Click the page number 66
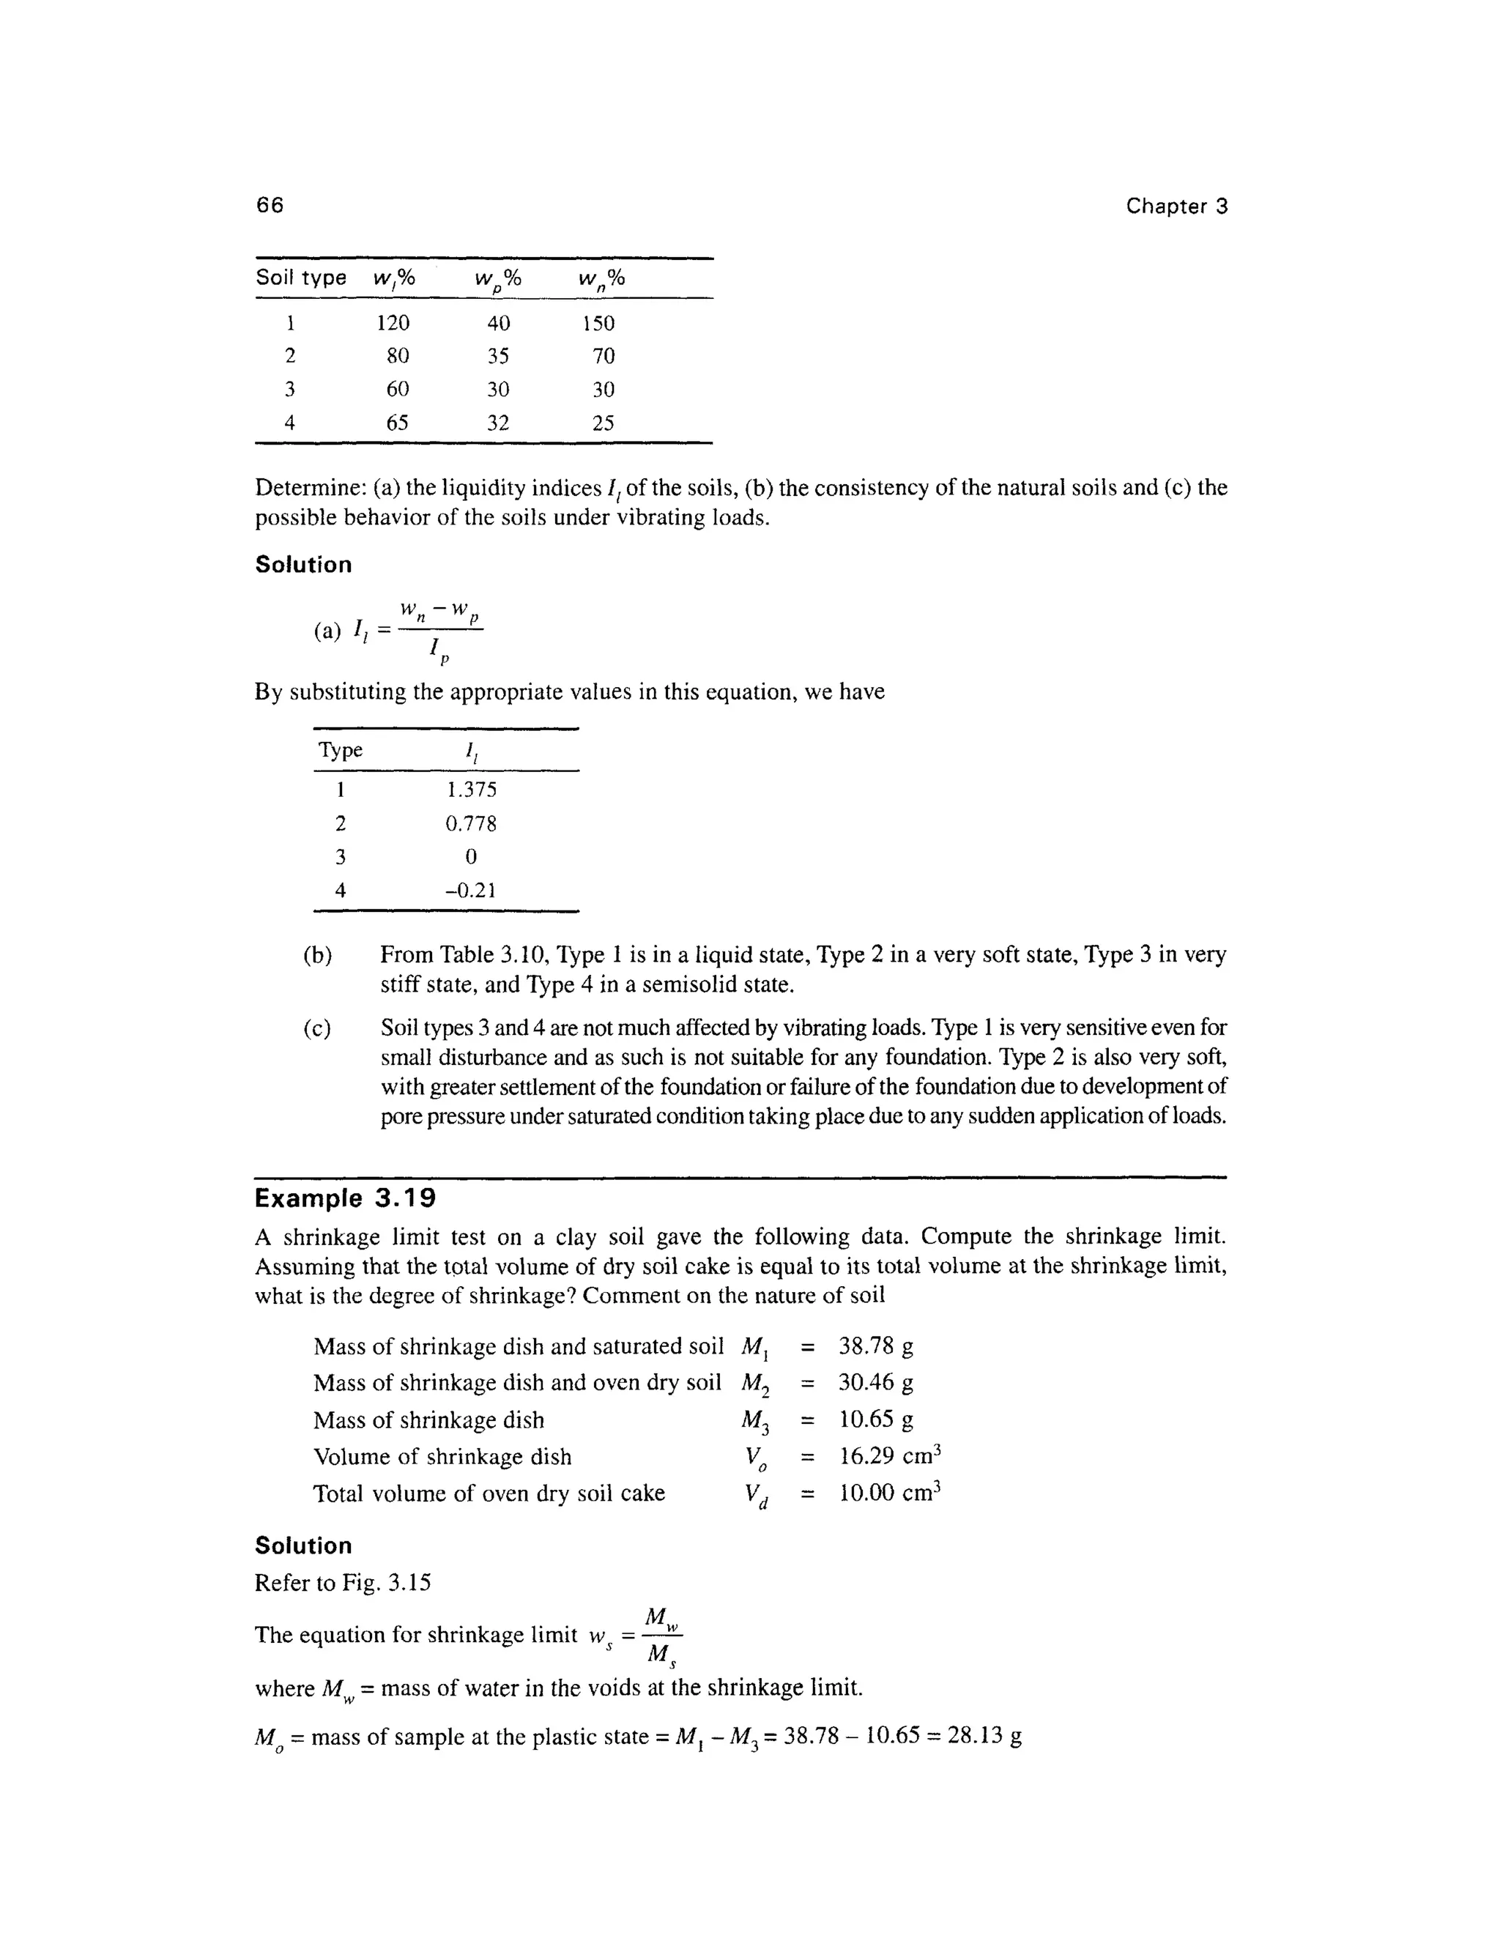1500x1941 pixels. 270,205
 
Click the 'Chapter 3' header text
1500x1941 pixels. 1176,207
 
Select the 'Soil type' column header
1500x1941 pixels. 300,278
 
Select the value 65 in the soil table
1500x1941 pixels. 397,423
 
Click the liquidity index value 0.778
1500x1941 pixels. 471,824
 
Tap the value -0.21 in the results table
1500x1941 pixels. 470,891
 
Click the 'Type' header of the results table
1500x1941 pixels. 341,750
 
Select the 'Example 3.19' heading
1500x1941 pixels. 345,1199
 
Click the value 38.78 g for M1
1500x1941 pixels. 875,1346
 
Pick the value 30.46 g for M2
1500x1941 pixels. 875,1383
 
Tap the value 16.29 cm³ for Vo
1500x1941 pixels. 889,1457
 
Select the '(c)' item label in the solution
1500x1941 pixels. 317,1029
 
